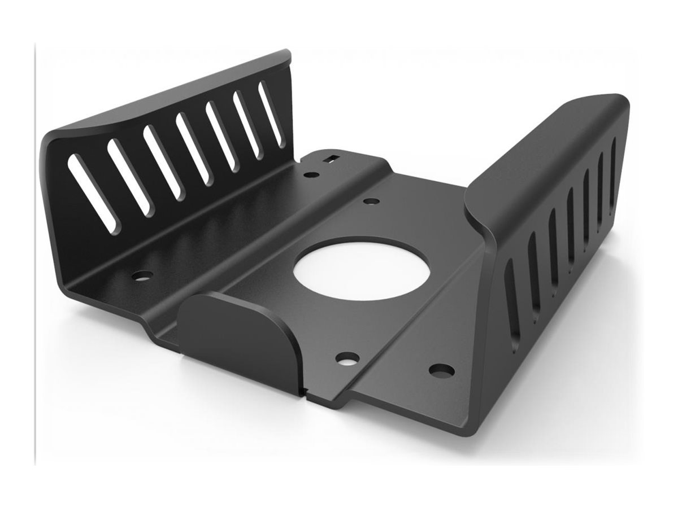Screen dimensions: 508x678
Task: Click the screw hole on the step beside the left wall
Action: click(x=142, y=276)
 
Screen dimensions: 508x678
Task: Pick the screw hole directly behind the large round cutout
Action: click(x=371, y=201)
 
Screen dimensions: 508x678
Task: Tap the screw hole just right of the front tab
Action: click(x=347, y=357)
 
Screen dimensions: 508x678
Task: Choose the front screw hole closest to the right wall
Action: click(x=441, y=370)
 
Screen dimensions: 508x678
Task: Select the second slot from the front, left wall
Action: click(x=129, y=177)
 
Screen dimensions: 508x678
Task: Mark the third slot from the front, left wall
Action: click(x=162, y=162)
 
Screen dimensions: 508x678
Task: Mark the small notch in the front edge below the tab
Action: click(x=306, y=390)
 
